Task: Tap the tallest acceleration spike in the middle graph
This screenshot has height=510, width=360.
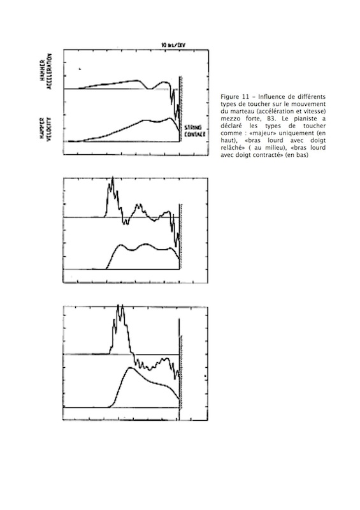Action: (112, 180)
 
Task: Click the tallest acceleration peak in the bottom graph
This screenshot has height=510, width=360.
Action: (119, 307)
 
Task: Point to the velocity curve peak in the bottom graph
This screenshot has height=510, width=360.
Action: (133, 368)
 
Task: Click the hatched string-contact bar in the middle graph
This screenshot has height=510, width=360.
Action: (181, 236)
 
